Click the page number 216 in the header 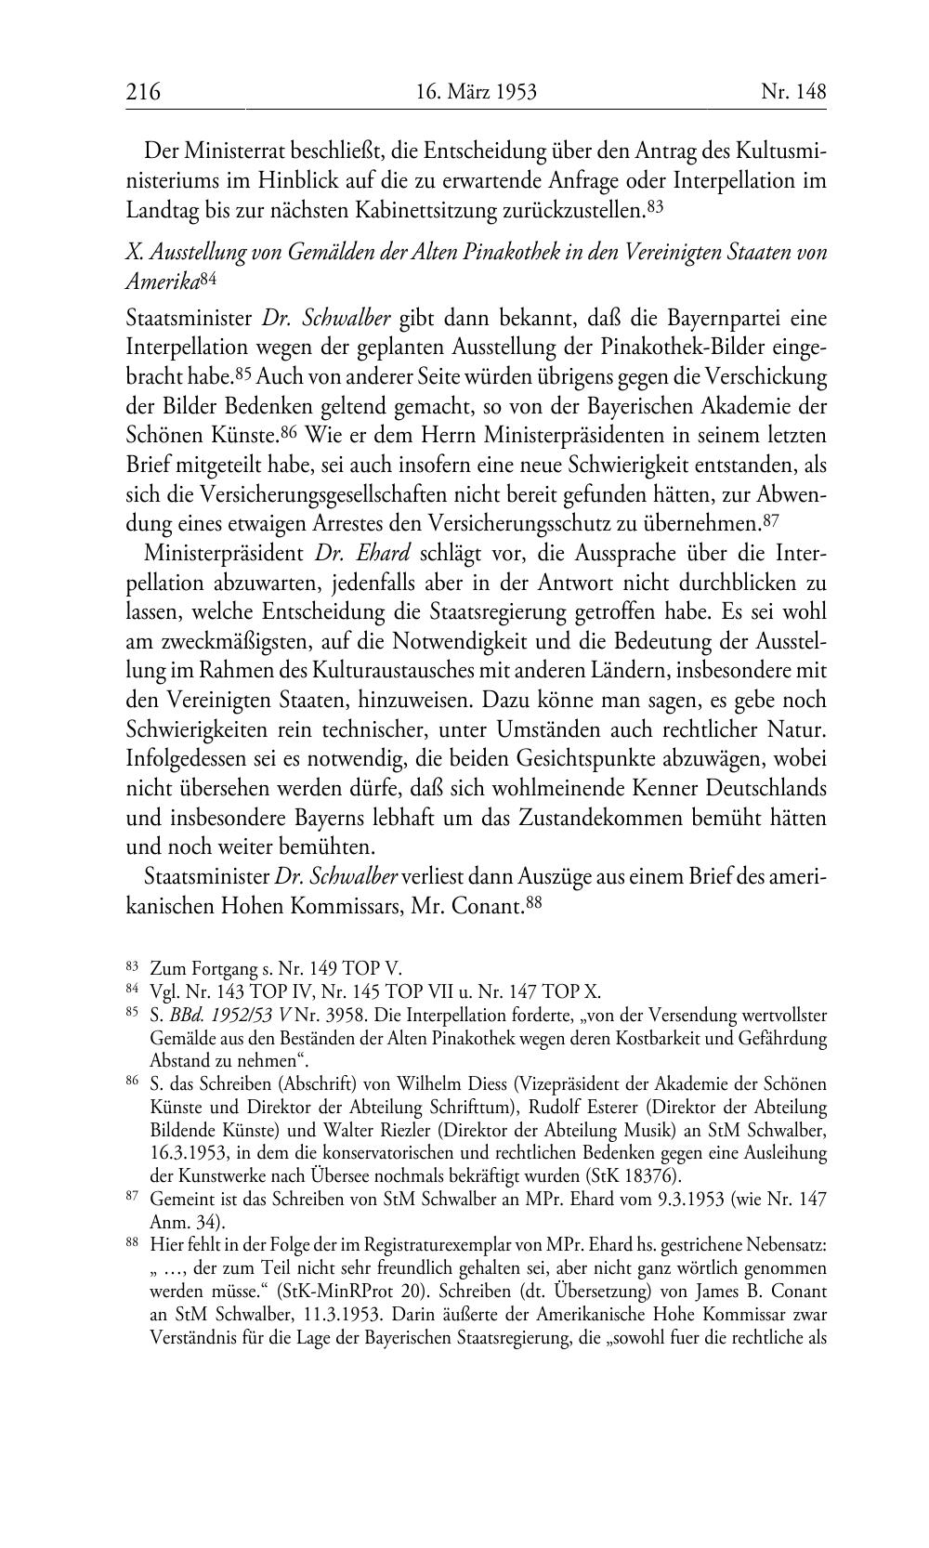[x=143, y=92]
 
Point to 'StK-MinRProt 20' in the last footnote [x=350, y=1293]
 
